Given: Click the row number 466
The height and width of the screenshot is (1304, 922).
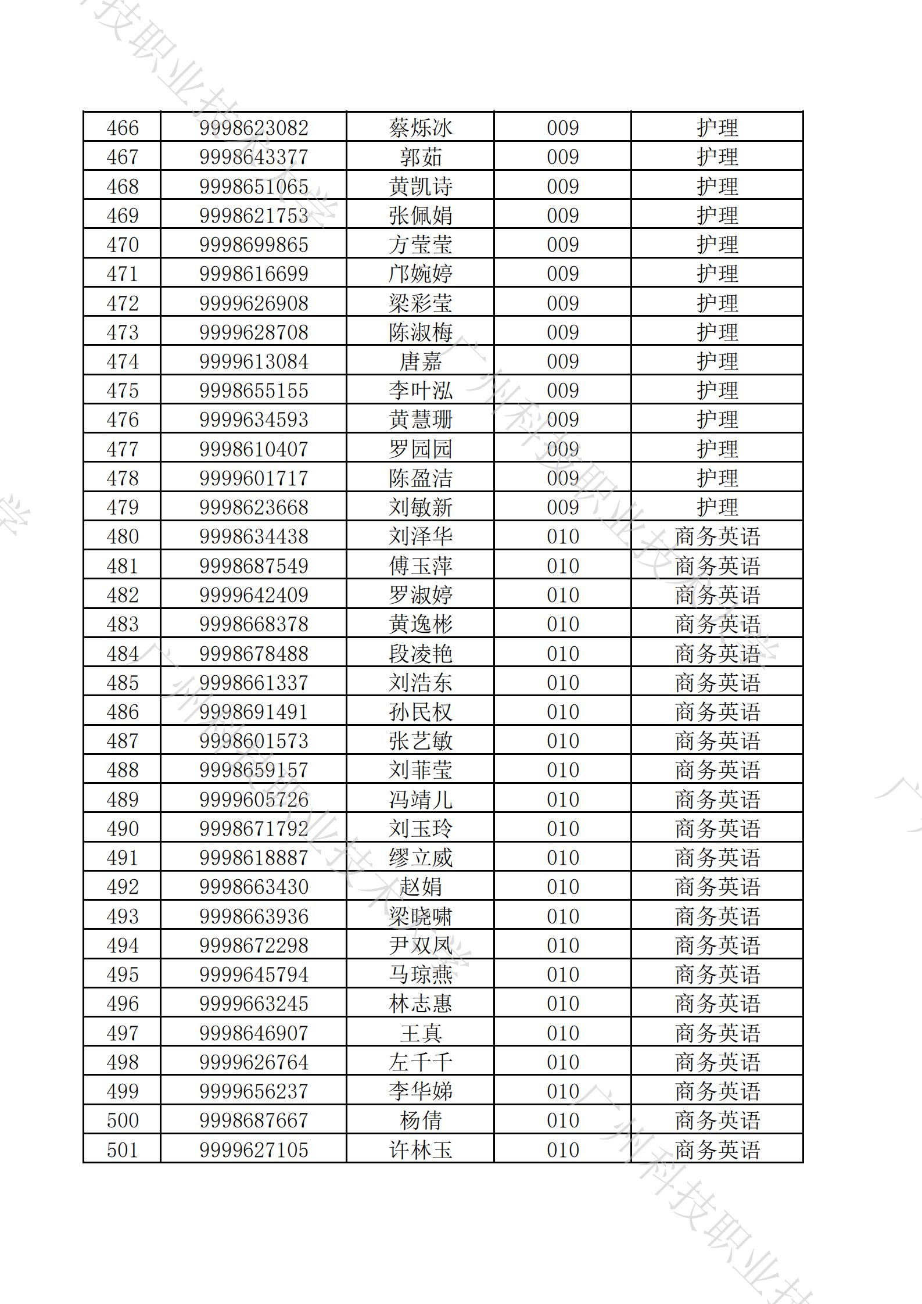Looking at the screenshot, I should coord(123,128).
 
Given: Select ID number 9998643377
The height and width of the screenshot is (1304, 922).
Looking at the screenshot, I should coord(253,157).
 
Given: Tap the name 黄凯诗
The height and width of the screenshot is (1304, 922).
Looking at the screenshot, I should coord(420,187).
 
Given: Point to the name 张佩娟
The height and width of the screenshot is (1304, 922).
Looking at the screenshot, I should coord(420,216).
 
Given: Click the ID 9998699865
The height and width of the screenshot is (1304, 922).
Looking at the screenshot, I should coord(253,245).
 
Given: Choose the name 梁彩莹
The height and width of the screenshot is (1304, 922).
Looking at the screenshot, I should coord(420,303).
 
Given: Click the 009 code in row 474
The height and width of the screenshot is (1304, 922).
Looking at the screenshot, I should coord(562,361).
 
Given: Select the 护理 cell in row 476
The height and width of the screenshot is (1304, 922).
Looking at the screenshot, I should coord(717,420).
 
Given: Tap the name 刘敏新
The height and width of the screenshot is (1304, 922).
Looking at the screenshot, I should coord(420,507).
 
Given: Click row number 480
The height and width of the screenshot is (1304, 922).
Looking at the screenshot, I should coord(123,536).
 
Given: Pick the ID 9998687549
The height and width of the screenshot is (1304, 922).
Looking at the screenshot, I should coord(253,566).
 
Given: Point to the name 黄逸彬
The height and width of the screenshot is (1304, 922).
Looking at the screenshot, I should coord(420,624).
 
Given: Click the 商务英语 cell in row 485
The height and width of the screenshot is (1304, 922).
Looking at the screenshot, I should coord(717,683).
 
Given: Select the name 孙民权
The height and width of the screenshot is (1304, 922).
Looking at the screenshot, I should coord(420,712).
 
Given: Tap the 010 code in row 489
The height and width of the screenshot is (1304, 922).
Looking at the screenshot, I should coord(562,800).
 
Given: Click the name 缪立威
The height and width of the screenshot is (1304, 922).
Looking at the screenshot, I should coord(420,858).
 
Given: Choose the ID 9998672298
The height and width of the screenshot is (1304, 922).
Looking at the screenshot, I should coord(253,945).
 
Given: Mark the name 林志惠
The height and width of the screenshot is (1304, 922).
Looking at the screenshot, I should coord(420,1004).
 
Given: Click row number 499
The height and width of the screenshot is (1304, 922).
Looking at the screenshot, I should coord(123,1091).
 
